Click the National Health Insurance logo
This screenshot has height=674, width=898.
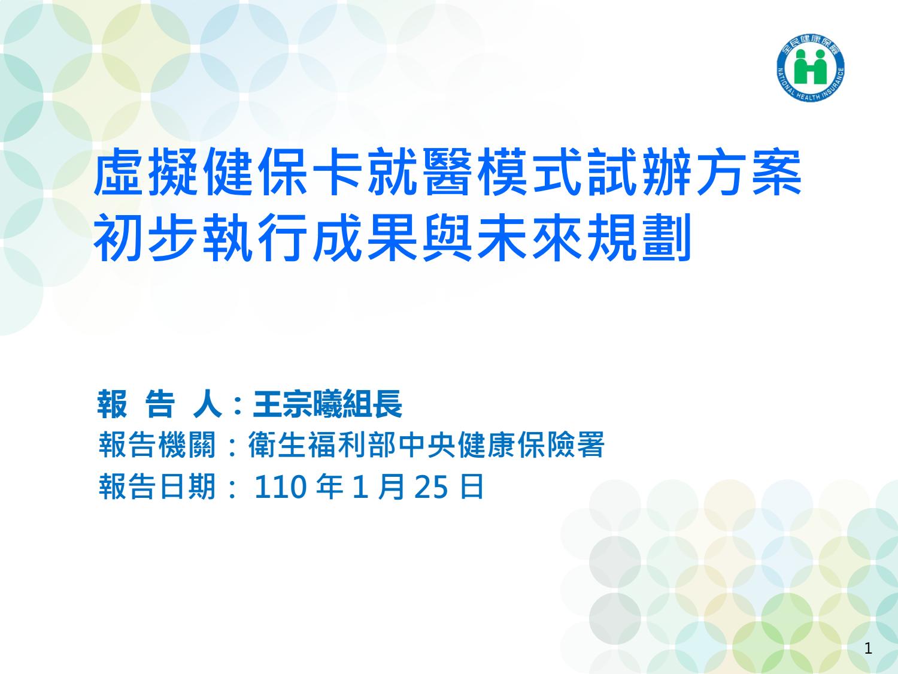[x=811, y=68]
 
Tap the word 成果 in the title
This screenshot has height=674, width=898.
[x=365, y=237]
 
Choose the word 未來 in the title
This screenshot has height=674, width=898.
[x=530, y=237]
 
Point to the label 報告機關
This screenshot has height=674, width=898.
[x=157, y=445]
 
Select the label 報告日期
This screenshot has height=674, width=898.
[x=157, y=486]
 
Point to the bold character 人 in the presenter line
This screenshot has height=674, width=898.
[x=208, y=404]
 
